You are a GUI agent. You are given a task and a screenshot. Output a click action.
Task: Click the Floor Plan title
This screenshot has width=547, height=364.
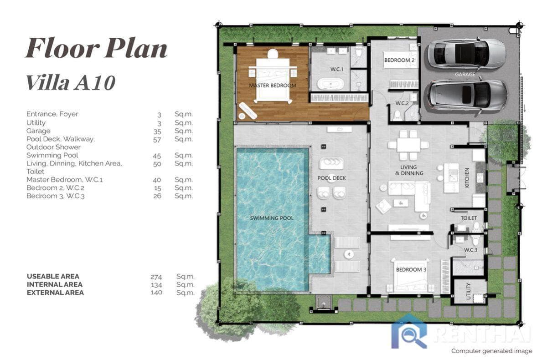point(96,48)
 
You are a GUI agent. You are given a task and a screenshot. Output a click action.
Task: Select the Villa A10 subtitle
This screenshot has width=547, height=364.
point(71,82)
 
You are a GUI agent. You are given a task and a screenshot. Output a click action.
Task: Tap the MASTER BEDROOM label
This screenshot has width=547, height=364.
point(273,85)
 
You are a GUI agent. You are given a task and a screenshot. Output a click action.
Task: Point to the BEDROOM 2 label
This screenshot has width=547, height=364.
point(399,60)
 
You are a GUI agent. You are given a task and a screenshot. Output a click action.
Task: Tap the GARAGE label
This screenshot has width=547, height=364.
point(465,74)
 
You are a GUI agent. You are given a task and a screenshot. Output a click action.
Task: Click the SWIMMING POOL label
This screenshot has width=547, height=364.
point(272,218)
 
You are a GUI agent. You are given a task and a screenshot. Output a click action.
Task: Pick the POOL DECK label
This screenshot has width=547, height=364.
point(331,178)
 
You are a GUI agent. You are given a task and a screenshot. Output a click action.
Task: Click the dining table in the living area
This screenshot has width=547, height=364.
point(408,145)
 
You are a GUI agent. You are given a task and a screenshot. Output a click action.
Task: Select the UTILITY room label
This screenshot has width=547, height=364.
point(469,291)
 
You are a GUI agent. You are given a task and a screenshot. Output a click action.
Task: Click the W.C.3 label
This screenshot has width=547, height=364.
point(470,250)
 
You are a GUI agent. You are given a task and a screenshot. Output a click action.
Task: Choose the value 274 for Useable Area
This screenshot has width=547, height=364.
point(156,276)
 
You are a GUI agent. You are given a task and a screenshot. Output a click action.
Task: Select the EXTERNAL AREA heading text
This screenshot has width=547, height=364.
point(55,293)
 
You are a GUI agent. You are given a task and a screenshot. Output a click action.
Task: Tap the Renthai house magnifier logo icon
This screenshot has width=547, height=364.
point(409,332)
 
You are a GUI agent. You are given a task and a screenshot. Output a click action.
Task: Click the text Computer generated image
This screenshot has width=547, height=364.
point(491,351)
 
